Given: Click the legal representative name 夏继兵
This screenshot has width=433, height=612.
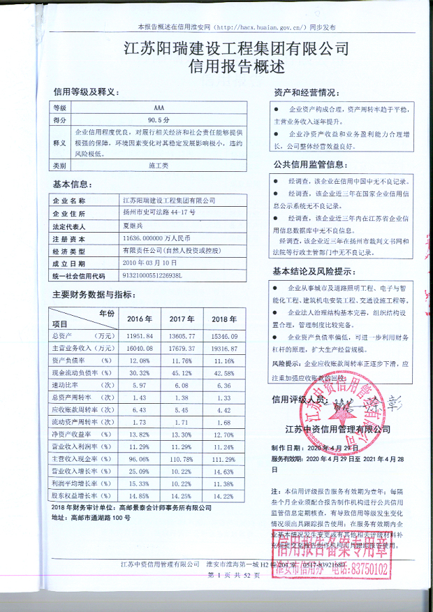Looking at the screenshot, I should [x=136, y=226].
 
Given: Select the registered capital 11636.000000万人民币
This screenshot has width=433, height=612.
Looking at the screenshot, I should [x=161, y=238].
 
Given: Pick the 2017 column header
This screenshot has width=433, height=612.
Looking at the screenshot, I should [x=182, y=319].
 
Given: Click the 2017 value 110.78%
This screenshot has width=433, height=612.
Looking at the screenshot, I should [x=182, y=459].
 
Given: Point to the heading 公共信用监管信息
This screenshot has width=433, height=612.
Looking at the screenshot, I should [x=309, y=165].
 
